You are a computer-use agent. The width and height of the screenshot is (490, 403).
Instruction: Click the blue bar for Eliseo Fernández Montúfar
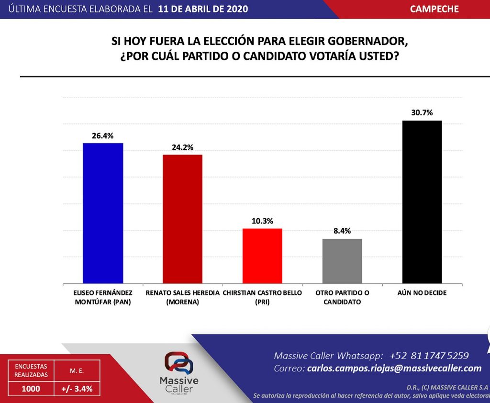103,213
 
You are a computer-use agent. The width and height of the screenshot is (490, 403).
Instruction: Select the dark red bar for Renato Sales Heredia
182,219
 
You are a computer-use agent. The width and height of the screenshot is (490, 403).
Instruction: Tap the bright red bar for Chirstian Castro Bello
263,256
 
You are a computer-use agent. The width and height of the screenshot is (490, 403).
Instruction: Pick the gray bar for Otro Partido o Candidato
342,261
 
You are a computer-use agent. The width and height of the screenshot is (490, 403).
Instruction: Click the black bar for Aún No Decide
422,202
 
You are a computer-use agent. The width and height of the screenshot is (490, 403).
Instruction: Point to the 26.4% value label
102,135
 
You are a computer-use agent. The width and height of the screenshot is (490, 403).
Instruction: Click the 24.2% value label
182,147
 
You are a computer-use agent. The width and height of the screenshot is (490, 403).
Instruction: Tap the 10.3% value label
263,221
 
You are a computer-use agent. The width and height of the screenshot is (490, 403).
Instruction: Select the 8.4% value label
342,231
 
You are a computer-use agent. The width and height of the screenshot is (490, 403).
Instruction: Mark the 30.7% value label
422,112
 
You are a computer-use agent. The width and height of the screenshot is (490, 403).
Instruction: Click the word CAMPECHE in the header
434,9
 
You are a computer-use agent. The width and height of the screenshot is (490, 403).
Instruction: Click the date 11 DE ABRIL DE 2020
203,9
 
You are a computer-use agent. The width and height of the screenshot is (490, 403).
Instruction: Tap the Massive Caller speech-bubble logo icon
179,363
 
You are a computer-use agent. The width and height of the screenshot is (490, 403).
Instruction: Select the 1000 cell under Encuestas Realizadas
31,389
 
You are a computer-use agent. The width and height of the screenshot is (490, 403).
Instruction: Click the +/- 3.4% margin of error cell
77,389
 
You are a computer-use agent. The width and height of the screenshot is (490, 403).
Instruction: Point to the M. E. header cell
77,371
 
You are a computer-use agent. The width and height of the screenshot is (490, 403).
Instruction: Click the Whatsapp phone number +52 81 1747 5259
429,356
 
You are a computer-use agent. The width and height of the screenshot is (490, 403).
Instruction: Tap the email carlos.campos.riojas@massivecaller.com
394,368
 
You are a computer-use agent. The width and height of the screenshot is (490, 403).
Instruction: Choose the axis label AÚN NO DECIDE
422,293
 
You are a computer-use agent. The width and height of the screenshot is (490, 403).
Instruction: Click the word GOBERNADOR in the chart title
367,41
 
